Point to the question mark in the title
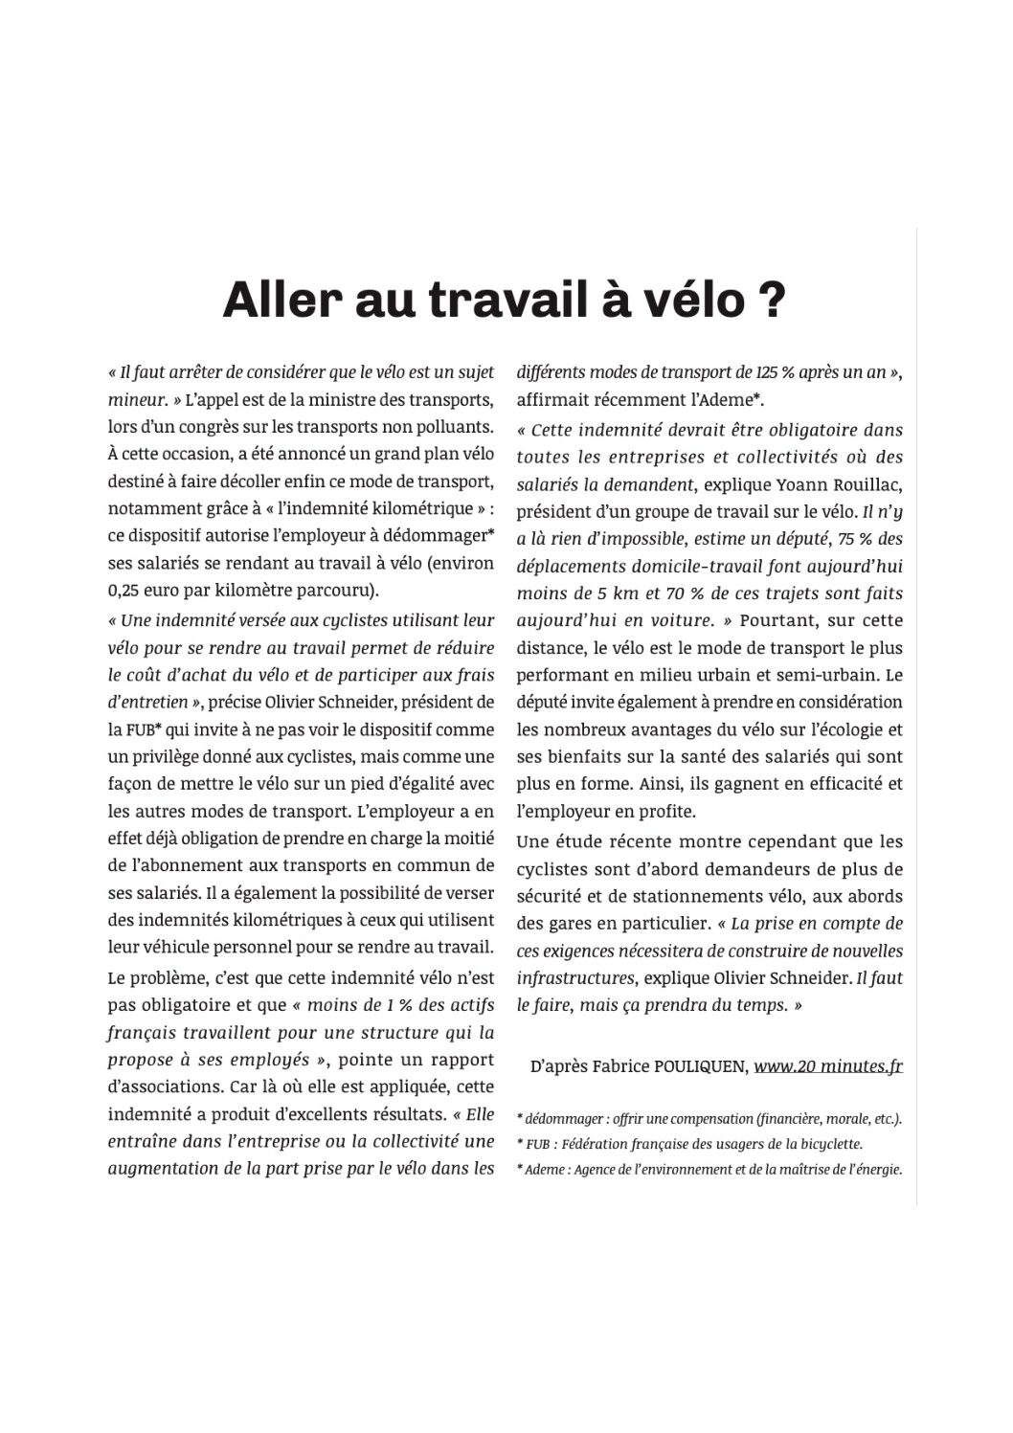[x=774, y=301]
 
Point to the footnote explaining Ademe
[x=709, y=1169]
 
